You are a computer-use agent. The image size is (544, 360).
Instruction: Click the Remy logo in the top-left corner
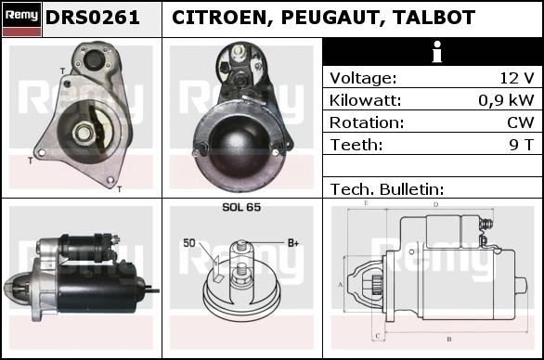click(22, 19)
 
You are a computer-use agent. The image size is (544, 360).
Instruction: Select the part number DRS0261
click(93, 18)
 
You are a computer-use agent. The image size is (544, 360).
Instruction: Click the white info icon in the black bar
click(437, 52)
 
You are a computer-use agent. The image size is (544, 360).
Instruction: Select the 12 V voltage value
click(516, 78)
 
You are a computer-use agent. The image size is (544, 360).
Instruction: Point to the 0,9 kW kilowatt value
click(506, 100)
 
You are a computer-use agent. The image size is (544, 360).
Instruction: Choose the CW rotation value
click(521, 122)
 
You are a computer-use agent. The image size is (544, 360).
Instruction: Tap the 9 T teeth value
click(522, 145)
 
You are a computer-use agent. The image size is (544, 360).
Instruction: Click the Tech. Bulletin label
click(387, 189)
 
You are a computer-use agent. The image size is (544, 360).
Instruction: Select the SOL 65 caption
click(241, 207)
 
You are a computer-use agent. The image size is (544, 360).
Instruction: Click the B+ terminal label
click(293, 243)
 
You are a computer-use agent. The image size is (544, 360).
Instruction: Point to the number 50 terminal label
click(189, 243)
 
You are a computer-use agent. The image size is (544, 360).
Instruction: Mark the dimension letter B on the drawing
click(449, 339)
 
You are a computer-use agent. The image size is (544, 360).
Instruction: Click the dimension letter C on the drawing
click(378, 335)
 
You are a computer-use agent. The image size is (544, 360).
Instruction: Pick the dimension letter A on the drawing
click(340, 285)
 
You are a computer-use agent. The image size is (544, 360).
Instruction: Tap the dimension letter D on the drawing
click(436, 204)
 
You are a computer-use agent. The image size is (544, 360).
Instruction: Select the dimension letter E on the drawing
click(366, 203)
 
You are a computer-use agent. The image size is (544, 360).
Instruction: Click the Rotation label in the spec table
click(367, 122)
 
